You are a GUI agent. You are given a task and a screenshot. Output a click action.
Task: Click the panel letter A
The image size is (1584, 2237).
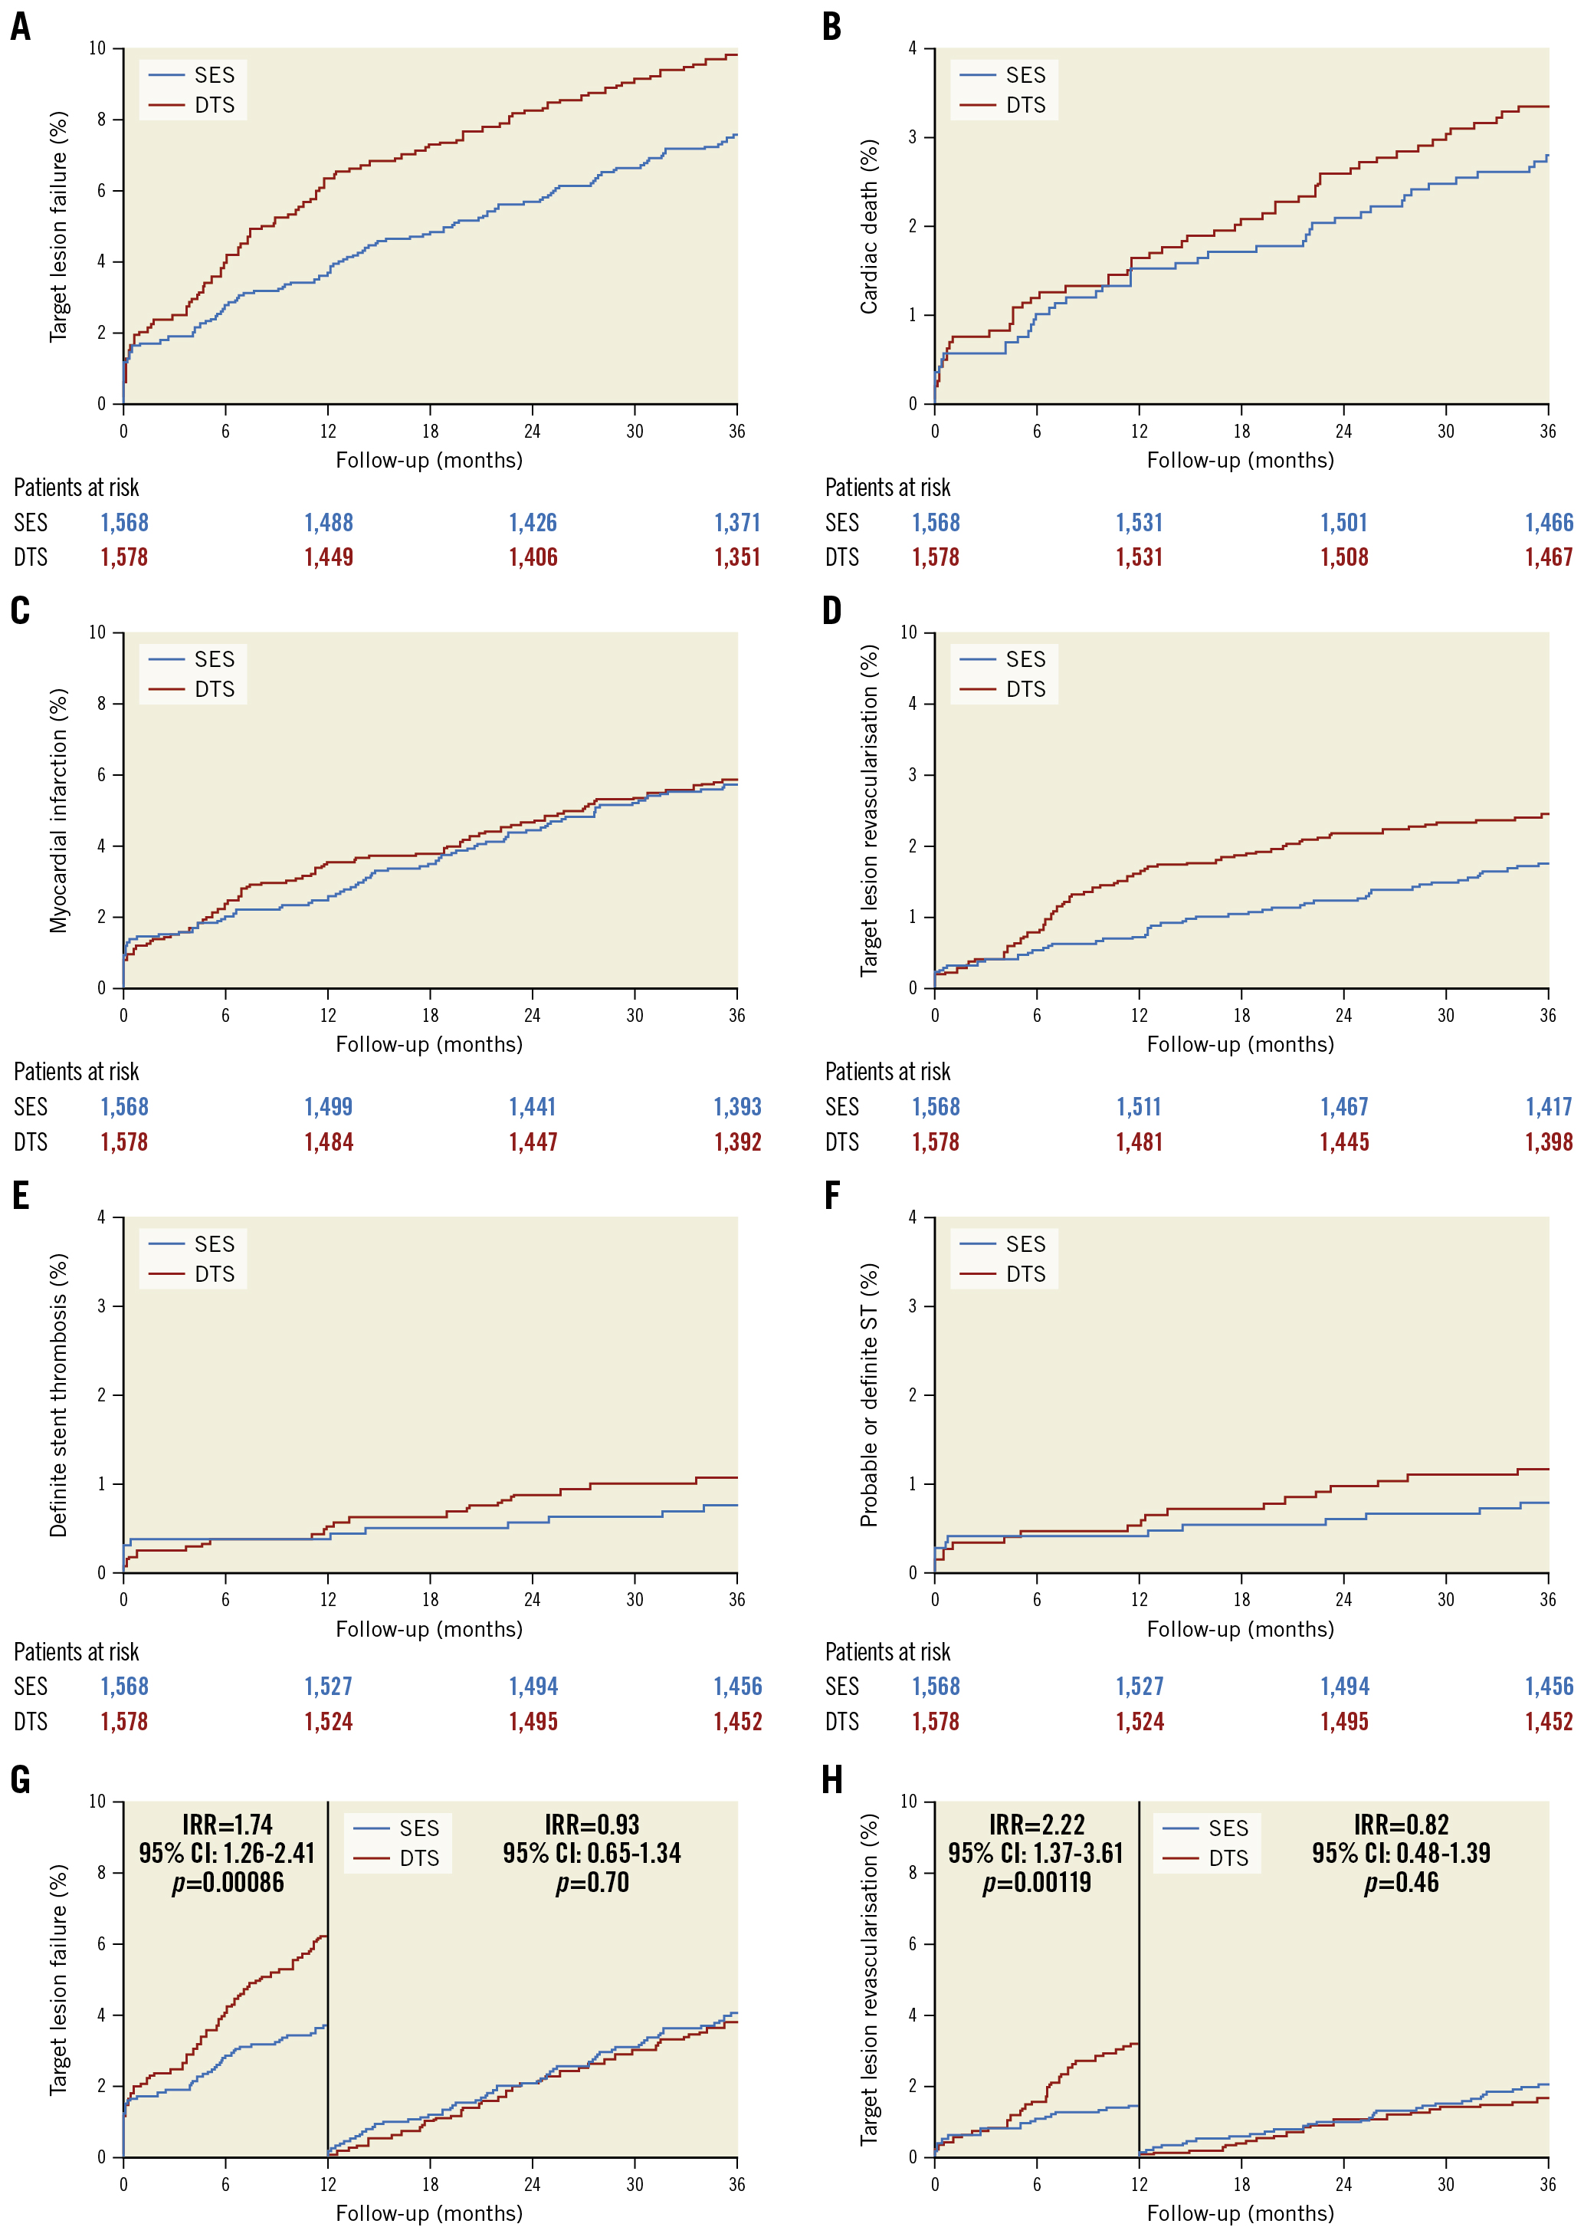point(21,26)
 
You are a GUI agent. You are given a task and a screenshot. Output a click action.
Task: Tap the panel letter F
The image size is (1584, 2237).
point(832,1196)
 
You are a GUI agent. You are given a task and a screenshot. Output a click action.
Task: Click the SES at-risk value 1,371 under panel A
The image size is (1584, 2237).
point(736,523)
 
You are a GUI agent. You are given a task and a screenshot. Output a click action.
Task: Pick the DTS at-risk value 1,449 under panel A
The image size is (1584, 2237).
point(329,558)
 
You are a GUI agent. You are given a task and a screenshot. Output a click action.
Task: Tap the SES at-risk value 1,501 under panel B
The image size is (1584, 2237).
point(1343,523)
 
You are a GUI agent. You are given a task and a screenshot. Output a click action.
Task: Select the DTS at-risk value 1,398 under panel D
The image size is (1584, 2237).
point(1548,1142)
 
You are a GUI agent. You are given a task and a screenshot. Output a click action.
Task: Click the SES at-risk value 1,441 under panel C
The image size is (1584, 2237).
point(533,1107)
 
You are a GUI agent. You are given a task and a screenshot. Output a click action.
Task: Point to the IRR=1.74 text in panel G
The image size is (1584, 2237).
point(228,1825)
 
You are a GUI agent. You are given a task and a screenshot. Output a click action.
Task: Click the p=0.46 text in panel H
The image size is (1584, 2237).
point(1401,1883)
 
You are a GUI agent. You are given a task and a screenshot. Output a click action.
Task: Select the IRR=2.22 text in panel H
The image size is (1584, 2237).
point(1036,1825)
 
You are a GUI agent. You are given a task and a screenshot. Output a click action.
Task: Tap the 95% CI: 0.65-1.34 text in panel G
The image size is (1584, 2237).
point(592,1854)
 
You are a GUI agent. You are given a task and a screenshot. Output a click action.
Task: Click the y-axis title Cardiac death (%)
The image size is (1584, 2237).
point(868,226)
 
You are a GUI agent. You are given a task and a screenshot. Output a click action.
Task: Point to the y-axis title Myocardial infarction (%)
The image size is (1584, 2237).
point(58,811)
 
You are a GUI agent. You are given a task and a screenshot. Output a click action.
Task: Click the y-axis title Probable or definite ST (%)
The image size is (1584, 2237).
point(868,1395)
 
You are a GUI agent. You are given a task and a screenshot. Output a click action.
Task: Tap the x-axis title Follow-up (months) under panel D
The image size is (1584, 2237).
point(1240,1045)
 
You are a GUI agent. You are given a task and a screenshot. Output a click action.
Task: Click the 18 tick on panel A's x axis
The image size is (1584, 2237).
point(430,431)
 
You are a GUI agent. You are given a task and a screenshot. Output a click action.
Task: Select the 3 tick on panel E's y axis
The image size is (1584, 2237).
point(101,1306)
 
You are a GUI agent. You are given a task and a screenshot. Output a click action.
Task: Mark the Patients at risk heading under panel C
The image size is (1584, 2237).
point(76,1073)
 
